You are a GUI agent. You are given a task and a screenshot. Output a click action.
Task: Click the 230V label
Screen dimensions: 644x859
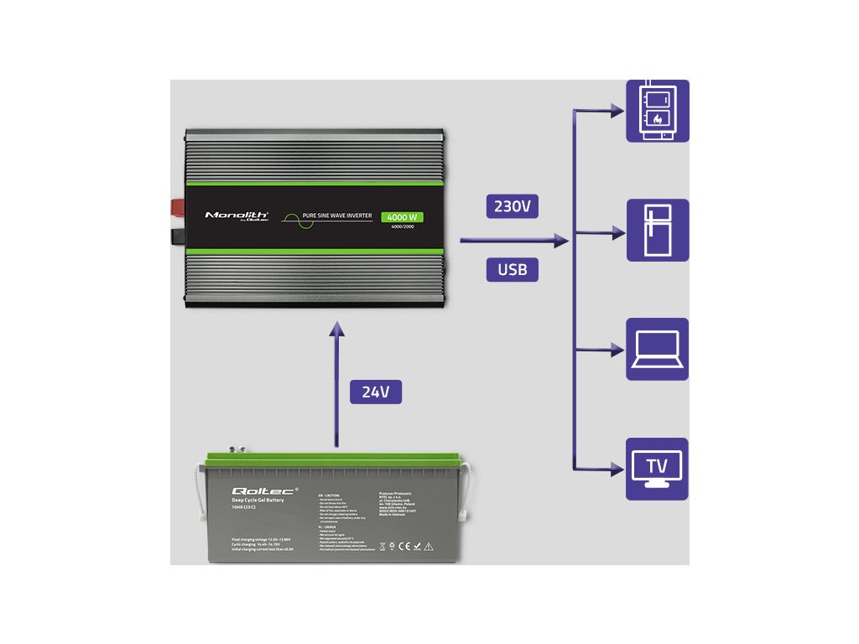(x=512, y=207)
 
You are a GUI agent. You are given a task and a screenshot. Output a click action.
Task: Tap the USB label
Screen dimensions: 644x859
(x=512, y=270)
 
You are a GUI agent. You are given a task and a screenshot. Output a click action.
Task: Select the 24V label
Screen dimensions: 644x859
(x=376, y=392)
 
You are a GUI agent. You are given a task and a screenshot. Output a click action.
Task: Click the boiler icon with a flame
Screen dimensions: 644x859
(x=658, y=111)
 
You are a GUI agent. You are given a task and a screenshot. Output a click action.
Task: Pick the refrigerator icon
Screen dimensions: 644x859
(x=658, y=230)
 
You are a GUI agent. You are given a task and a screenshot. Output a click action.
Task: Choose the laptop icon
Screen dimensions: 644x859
(x=658, y=349)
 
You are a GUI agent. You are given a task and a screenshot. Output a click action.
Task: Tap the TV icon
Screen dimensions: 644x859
(x=658, y=469)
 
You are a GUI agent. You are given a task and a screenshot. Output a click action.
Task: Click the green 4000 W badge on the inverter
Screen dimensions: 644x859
(x=403, y=217)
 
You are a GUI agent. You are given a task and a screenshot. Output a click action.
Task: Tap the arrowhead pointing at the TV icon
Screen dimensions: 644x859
(x=617, y=468)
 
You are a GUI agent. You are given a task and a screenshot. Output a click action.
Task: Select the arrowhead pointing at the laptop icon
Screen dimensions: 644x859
(x=617, y=349)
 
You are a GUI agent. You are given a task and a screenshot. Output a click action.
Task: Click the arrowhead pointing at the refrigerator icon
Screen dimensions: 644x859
(x=617, y=230)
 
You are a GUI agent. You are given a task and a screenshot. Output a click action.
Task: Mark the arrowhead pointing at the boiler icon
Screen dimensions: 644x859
(x=617, y=111)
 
